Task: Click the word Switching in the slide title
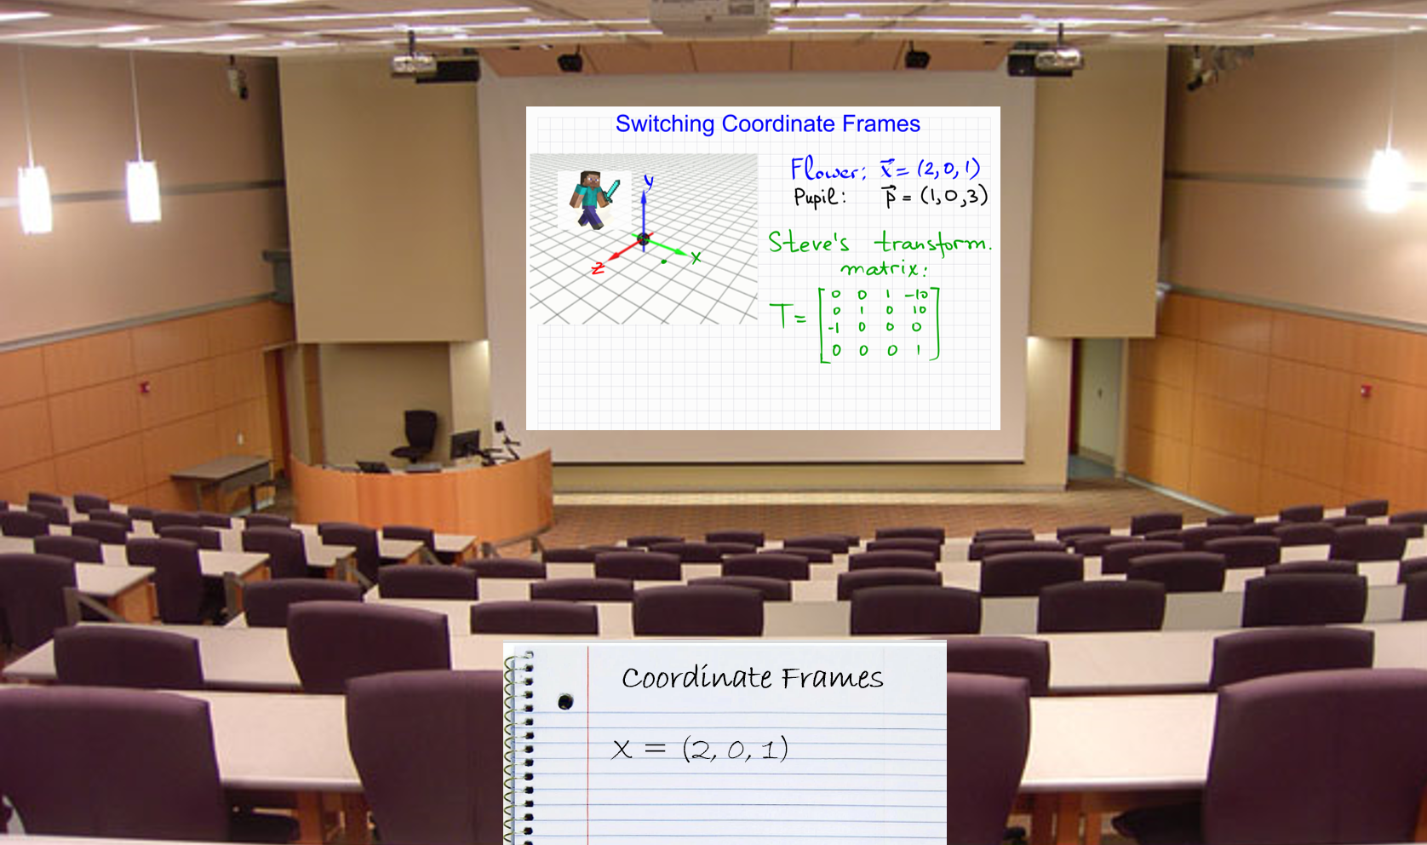665,124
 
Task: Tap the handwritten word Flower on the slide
828,170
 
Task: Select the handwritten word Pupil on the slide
820,196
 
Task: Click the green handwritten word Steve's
808,242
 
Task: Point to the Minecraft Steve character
593,198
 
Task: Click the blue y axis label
649,182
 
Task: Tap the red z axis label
598,268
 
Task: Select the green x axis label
696,257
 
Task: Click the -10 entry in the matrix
917,295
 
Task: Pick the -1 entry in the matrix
834,328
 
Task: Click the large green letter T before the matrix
780,315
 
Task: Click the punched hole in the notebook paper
565,702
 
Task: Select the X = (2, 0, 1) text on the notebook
700,749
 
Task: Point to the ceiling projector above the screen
711,16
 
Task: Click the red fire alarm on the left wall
146,388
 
